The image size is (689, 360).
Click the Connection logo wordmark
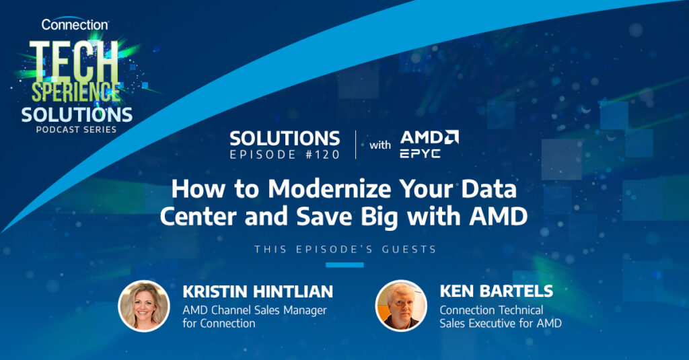point(75,25)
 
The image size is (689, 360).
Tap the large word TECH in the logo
point(74,61)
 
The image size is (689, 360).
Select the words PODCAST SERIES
point(76,130)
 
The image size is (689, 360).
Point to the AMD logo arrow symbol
point(450,137)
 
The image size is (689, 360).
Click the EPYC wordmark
point(420,153)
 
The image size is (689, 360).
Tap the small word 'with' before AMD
point(379,145)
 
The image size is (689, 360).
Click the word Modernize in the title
point(329,190)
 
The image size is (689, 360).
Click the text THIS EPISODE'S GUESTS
point(345,250)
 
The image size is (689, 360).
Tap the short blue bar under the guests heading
point(344,265)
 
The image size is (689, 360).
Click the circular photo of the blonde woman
point(144,306)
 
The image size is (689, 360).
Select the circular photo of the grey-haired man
point(401,305)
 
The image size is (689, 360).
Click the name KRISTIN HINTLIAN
point(258,291)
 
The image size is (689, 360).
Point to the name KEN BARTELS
point(497,291)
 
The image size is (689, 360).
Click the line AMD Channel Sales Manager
point(255,310)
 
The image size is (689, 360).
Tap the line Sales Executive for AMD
point(501,324)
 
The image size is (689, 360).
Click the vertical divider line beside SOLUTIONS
point(355,145)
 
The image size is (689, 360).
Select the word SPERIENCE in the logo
point(75,92)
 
